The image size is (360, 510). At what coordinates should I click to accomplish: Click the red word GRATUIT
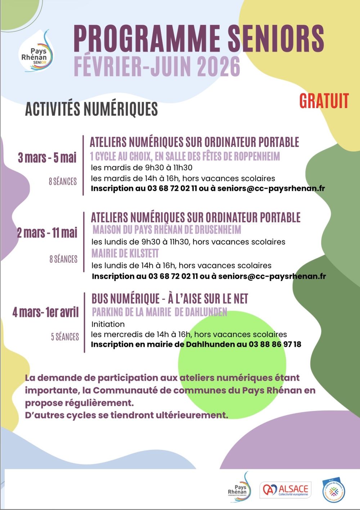tap(324, 101)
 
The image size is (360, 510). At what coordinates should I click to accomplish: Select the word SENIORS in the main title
tap(276, 38)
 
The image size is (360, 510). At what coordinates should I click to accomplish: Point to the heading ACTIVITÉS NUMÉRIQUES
tap(91, 109)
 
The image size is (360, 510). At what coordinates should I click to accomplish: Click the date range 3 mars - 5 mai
tap(48, 157)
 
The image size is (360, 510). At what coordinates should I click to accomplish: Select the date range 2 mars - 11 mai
tap(47, 233)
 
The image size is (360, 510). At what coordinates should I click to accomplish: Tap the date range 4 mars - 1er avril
tap(46, 312)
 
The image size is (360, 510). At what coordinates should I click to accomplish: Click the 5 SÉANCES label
tap(65, 337)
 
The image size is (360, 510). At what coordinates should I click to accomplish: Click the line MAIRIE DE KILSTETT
tap(125, 253)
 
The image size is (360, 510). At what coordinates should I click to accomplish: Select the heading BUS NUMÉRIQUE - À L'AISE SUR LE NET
tap(170, 299)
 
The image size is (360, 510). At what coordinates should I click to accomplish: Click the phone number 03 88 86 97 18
tap(275, 344)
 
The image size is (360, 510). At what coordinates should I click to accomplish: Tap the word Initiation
tap(108, 324)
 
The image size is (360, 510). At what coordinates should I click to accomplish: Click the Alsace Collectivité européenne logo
tap(285, 490)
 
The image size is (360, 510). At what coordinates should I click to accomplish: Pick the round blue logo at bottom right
tap(334, 490)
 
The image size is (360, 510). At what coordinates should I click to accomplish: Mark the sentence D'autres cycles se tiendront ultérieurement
tap(127, 415)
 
